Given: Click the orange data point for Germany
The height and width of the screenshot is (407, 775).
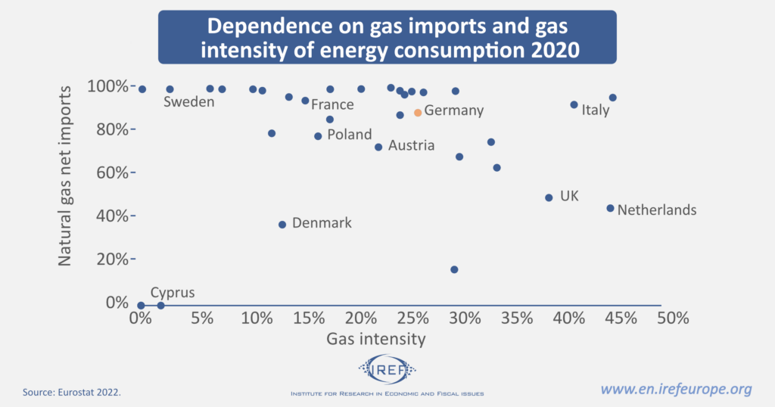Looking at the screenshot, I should tap(418, 113).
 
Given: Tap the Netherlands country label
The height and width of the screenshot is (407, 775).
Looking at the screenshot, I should tap(657, 210).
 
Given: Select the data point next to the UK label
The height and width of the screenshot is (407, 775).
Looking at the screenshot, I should tap(549, 197).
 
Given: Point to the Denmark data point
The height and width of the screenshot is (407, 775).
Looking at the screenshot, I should tap(282, 225).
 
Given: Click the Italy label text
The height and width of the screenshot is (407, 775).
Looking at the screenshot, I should tap(595, 110).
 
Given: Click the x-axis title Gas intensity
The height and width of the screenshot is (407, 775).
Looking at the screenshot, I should tap(375, 340).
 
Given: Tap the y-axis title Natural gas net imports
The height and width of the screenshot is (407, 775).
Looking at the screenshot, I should tap(65, 175).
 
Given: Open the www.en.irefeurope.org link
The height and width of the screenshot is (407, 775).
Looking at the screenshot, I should tap(676, 390).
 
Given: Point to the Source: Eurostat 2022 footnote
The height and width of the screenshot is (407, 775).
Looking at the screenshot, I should tap(72, 393).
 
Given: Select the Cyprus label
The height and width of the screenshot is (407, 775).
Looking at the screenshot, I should tap(173, 293).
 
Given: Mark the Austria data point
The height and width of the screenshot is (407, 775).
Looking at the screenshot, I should tap(378, 147).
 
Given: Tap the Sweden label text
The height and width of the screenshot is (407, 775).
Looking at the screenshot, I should tap(189, 102).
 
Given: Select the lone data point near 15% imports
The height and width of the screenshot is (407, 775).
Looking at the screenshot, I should tap(454, 269).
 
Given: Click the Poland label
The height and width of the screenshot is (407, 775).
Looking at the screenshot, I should tap(349, 135).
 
